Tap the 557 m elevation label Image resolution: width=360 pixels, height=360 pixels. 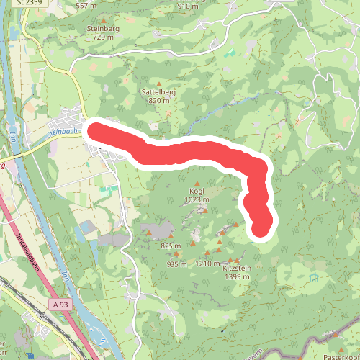86,6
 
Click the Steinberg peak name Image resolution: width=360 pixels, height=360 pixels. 102,28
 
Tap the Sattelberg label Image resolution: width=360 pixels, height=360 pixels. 158,92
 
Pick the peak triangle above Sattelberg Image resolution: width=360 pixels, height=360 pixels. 158,84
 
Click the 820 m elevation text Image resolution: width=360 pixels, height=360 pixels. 158,101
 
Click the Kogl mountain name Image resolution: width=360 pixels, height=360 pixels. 196,191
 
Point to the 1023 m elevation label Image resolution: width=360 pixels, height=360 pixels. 196,199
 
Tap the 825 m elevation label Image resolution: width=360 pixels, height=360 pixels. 171,246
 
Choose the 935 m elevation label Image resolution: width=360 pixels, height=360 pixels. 176,264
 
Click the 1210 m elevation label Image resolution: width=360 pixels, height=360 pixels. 207,264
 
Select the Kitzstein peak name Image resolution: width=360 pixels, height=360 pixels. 238,269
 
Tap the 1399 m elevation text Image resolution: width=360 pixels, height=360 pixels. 238,277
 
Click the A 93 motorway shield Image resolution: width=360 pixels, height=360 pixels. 61,305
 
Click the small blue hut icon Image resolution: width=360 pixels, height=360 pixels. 312,277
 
